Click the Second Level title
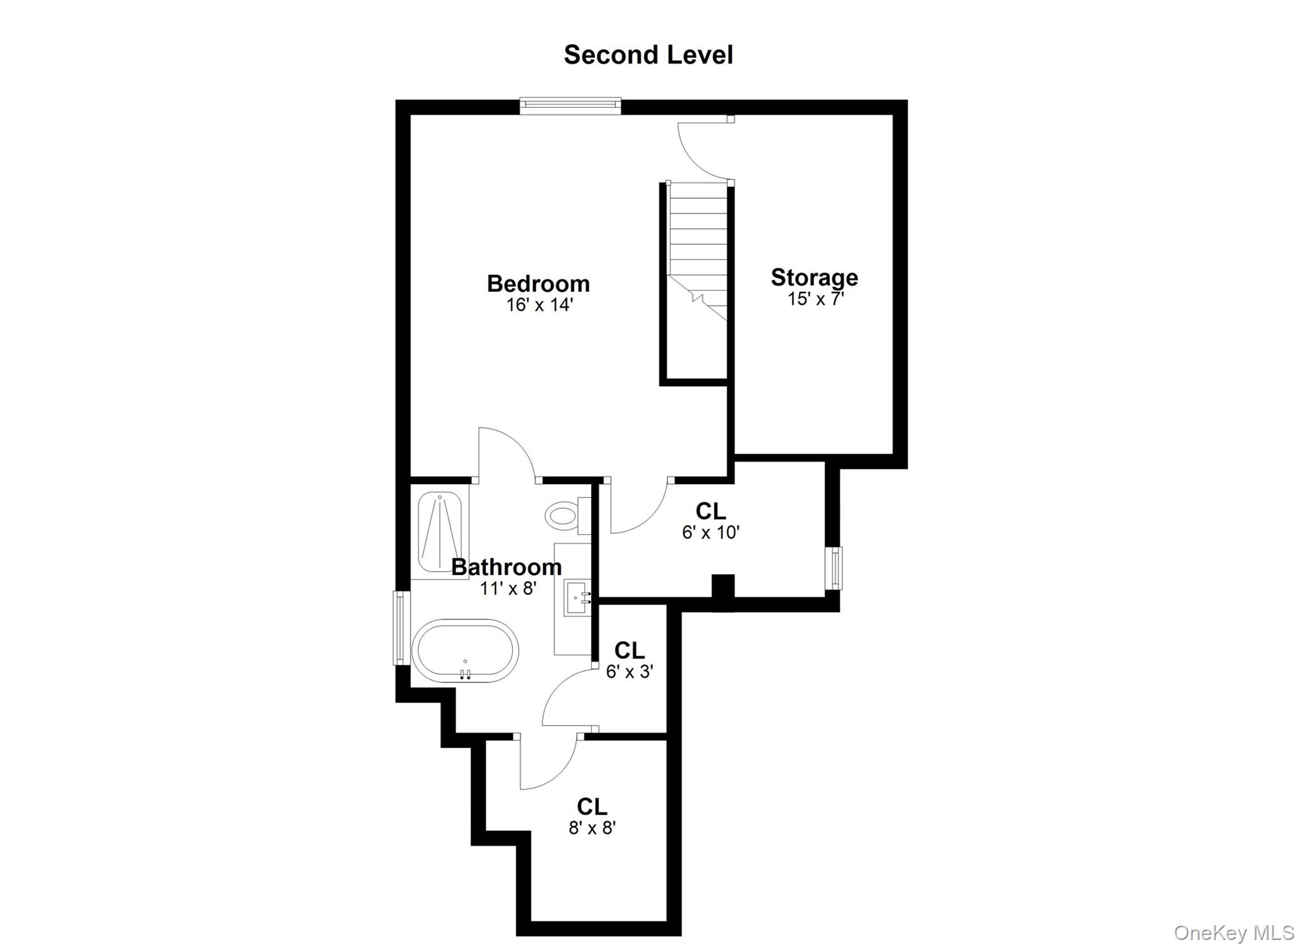648,55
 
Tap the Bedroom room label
538,283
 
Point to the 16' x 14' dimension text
540,305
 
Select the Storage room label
814,277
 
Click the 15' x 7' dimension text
816,298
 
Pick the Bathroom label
507,567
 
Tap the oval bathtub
465,651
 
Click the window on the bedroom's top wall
570,106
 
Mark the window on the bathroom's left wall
400,628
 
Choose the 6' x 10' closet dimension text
711,532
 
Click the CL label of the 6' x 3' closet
629,650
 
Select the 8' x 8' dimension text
593,827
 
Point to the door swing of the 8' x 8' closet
547,763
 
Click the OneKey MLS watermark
1233,932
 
